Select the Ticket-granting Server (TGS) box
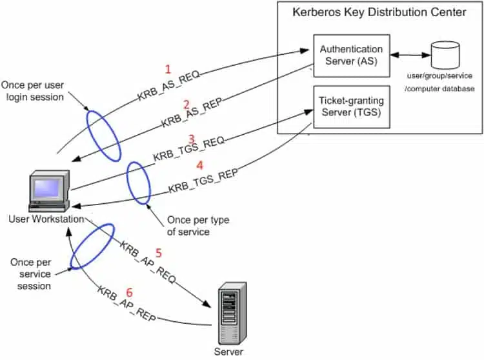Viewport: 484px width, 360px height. click(351, 107)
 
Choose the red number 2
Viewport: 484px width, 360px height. click(186, 105)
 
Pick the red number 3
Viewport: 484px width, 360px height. click(192, 139)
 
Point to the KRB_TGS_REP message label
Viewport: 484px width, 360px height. click(203, 181)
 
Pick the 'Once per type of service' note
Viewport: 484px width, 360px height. click(197, 226)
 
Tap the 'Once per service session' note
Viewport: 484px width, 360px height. click(31, 275)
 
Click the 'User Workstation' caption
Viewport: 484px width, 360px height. click(46, 219)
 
